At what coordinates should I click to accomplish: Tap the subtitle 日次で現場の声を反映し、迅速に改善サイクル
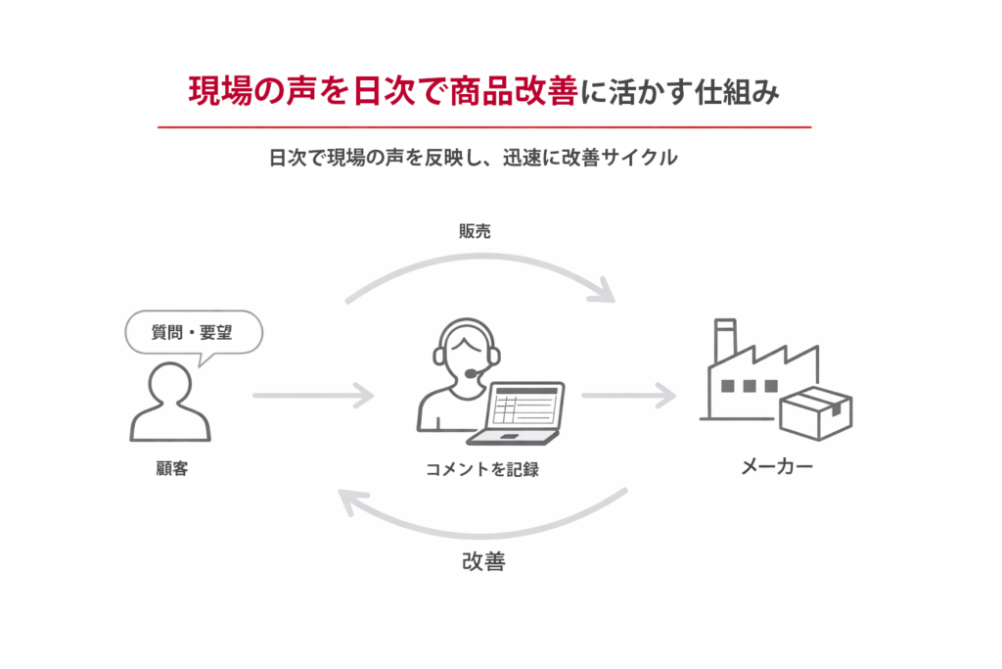point(473,158)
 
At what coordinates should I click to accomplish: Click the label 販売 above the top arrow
point(475,231)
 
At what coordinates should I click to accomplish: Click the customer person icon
point(170,402)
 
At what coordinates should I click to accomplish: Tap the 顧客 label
point(170,469)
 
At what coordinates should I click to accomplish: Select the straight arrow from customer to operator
point(312,396)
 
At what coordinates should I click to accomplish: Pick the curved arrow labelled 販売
point(479,264)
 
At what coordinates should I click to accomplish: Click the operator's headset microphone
point(473,373)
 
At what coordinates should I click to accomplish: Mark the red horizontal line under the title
point(484,127)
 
